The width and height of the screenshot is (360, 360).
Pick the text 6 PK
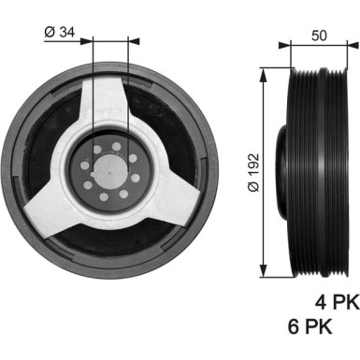(310, 328)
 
